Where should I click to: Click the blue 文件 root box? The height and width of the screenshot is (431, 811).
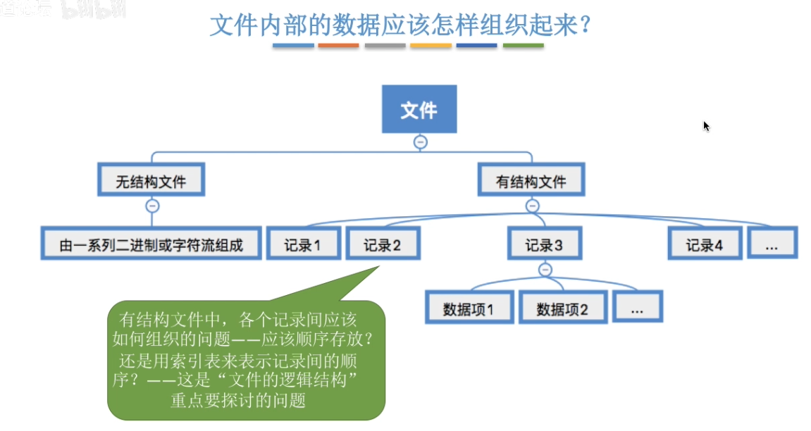tap(419, 109)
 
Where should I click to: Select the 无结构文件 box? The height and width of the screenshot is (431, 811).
tap(151, 181)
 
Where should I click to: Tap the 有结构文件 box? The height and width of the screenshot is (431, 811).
tap(531, 181)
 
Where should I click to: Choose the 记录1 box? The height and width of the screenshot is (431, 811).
tap(303, 244)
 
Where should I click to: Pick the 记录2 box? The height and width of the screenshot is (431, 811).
tap(383, 244)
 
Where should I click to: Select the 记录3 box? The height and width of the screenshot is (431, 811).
tap(544, 244)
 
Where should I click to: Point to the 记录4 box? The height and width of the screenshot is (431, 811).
tap(705, 244)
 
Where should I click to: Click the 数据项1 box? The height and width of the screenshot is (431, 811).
tap(469, 308)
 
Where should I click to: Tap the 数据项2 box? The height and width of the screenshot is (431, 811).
tap(562, 308)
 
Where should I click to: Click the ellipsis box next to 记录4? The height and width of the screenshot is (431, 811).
tap(771, 244)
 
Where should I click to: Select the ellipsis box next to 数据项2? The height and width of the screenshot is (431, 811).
tap(637, 308)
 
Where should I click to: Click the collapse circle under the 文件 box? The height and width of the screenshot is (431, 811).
tap(420, 142)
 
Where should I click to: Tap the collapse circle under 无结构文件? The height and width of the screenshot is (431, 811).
tap(152, 206)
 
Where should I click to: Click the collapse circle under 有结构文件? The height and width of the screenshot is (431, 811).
tap(532, 206)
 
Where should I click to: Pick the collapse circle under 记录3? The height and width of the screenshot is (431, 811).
tap(545, 269)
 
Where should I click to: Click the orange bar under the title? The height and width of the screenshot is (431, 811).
tap(339, 46)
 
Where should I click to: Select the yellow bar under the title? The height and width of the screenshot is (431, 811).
tap(431, 46)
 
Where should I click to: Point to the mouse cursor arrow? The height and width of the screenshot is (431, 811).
tap(706, 126)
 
